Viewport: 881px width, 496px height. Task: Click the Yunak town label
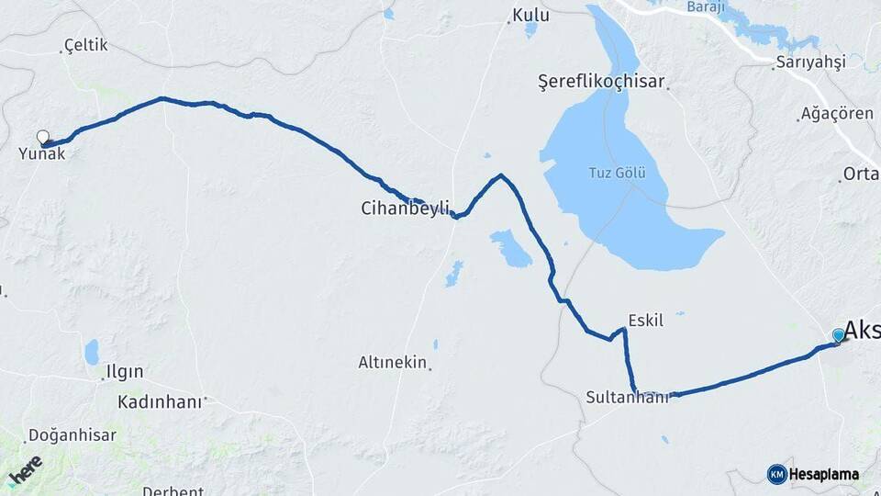(x=42, y=154)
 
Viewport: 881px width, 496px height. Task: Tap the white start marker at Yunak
(x=42, y=137)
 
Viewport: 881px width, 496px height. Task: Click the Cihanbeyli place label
(x=404, y=209)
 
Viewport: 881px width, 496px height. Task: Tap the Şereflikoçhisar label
(x=601, y=82)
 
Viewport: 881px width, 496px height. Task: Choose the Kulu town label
(x=531, y=16)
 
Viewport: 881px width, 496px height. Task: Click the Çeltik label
(x=86, y=45)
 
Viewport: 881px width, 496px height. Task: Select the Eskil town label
(x=645, y=321)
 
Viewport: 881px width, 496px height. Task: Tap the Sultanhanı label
(x=628, y=397)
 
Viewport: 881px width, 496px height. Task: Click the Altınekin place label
(x=393, y=363)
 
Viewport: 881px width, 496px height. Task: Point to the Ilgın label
(x=125, y=372)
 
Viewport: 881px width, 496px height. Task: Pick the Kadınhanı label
(x=159, y=402)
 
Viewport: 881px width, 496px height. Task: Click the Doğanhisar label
(x=72, y=435)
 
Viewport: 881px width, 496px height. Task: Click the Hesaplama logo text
(x=824, y=475)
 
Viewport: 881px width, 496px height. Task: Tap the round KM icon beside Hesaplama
(x=776, y=474)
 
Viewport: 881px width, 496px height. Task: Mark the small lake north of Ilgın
(x=92, y=352)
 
